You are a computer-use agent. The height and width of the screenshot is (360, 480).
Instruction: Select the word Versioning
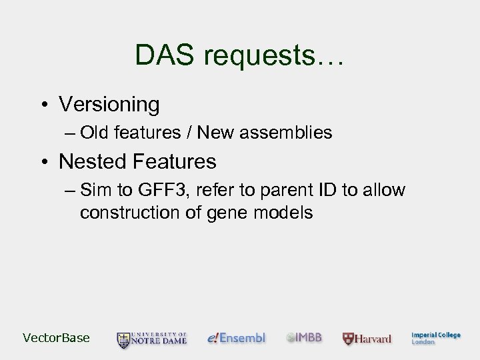pyautogui.click(x=109, y=105)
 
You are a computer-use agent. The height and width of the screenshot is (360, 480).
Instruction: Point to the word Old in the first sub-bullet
pyautogui.click(x=94, y=133)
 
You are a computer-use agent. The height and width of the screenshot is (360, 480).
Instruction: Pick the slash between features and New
pyautogui.click(x=190, y=133)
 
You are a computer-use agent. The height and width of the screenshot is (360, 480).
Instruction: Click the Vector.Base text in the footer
pyautogui.click(x=56, y=338)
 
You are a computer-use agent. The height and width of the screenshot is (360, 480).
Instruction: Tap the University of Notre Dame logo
pyautogui.click(x=152, y=339)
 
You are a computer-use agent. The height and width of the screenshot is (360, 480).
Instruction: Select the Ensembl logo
pyautogui.click(x=237, y=338)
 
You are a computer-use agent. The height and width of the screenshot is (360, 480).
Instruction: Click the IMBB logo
pyautogui.click(x=305, y=338)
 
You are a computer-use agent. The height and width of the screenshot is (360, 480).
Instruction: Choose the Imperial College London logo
pyautogui.click(x=435, y=338)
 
